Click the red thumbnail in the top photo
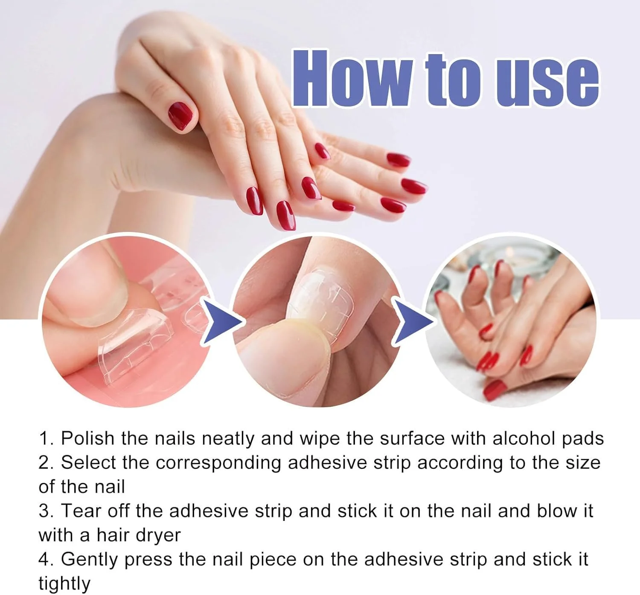180,116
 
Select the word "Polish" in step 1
87,439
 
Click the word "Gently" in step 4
90,560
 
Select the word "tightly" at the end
64,584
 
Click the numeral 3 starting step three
44,511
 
